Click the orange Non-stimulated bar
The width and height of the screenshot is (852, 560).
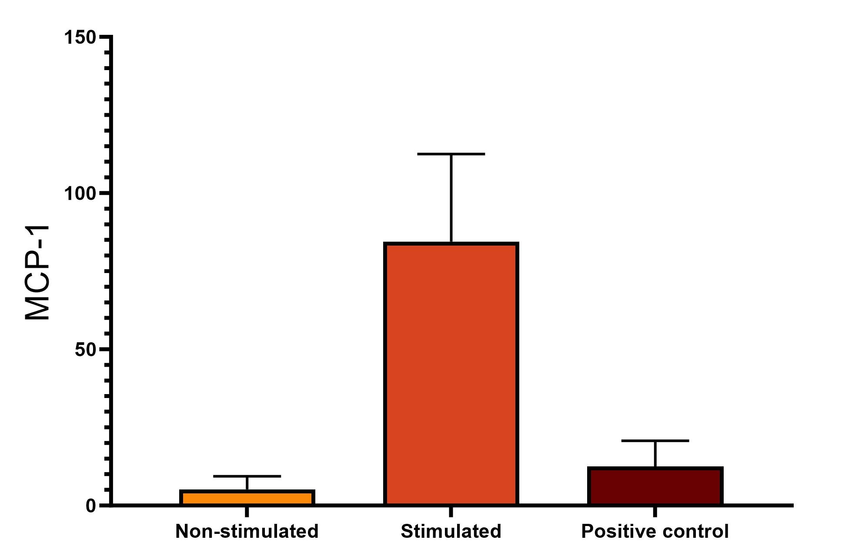[x=247, y=497]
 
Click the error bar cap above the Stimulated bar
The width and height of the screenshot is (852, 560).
[x=451, y=154]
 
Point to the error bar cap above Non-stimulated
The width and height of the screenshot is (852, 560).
[x=247, y=476]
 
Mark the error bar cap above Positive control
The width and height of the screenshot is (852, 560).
[x=655, y=441]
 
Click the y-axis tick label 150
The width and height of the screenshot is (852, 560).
[x=80, y=37]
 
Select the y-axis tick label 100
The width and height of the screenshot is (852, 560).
[x=80, y=193]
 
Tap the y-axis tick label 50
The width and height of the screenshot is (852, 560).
[x=85, y=349]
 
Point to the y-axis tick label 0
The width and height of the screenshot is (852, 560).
[x=90, y=506]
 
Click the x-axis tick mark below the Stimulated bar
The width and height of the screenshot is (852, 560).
[x=451, y=512]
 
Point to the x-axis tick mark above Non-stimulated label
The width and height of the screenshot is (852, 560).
[x=247, y=512]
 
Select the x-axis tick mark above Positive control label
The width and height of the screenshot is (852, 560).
[x=655, y=512]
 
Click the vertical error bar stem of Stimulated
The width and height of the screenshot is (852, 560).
[x=451, y=198]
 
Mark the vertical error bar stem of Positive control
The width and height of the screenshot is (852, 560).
[x=655, y=454]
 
